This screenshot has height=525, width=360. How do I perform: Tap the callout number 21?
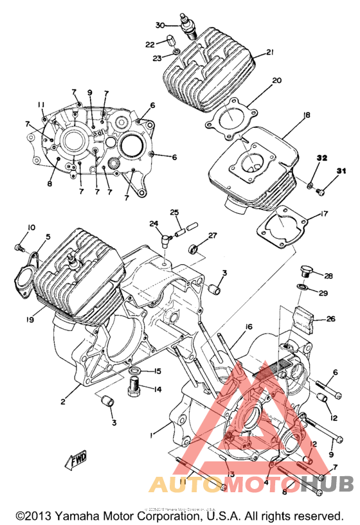click(x=271, y=53)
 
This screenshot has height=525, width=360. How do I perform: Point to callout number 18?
click(x=306, y=115)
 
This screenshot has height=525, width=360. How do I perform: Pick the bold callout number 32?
click(x=321, y=158)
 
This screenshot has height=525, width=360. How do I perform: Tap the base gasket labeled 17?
click(x=283, y=225)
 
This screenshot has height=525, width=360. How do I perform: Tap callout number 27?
click(x=212, y=236)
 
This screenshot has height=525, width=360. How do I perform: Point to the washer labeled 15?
click(x=136, y=373)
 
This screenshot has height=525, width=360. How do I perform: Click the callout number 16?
click(x=248, y=327)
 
